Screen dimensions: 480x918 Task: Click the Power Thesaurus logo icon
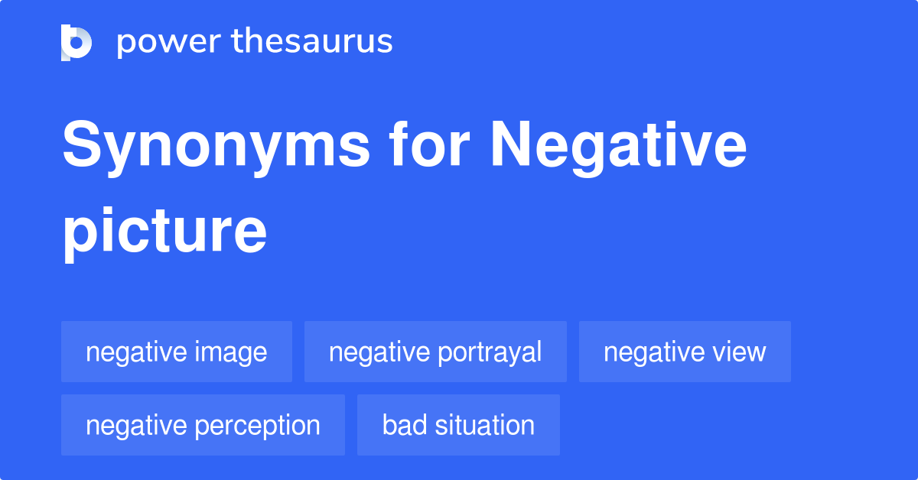click(76, 42)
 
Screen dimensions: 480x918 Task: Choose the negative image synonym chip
click(177, 352)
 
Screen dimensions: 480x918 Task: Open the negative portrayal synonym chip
click(435, 352)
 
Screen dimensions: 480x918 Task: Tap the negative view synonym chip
click(685, 352)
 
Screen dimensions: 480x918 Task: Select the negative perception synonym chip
click(203, 425)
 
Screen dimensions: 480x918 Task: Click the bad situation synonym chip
click(458, 425)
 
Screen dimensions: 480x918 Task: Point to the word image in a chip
click(231, 352)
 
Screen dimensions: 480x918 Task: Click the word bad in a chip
click(399, 425)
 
